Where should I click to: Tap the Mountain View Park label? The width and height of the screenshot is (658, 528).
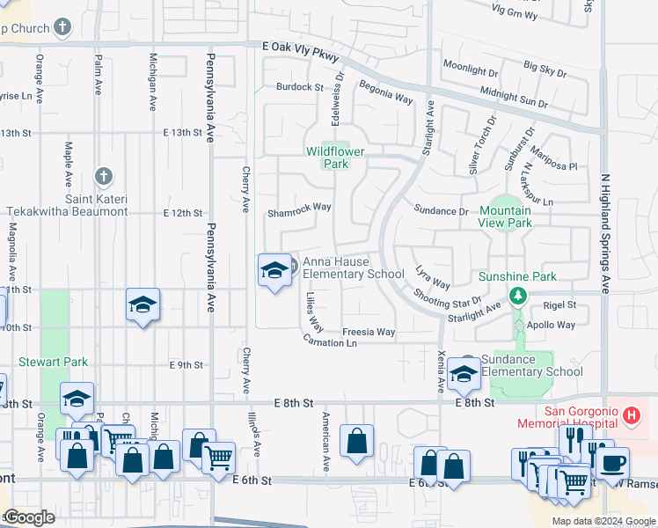pos(506,216)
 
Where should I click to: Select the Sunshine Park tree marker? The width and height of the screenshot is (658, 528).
pos(519,294)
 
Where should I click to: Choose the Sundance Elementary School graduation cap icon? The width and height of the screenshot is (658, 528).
pos(464,375)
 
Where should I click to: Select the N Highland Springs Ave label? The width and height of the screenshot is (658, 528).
pos(604,233)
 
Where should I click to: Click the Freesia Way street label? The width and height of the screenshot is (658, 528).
pos(369,332)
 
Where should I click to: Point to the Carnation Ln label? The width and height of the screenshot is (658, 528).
pos(331,341)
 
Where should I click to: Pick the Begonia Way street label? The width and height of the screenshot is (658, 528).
pos(385,92)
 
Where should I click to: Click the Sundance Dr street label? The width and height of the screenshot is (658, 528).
pos(441,211)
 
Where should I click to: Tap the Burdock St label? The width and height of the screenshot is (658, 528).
pos(299,87)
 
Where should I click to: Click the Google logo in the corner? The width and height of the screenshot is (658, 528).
pos(28,517)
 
